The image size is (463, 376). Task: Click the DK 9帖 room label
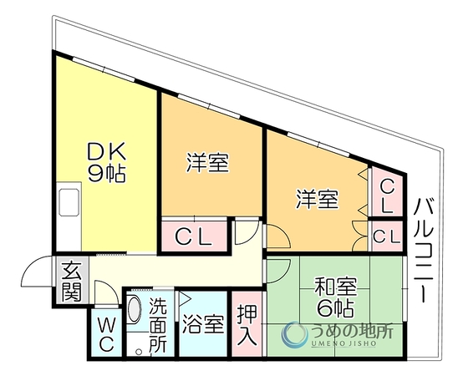click(107, 162)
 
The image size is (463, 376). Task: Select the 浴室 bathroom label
click(203, 324)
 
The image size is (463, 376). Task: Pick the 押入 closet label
click(247, 325)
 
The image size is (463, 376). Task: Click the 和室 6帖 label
click(335, 297)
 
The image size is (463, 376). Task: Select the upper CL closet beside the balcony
click(387, 192)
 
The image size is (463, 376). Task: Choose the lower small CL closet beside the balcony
click(387, 236)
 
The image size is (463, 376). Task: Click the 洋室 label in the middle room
click(208, 163)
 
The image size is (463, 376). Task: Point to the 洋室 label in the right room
click(318, 200)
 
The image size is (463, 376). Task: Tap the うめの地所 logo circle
click(294, 333)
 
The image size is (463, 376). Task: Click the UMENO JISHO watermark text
click(343, 343)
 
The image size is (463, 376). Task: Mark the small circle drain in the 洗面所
click(139, 352)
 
